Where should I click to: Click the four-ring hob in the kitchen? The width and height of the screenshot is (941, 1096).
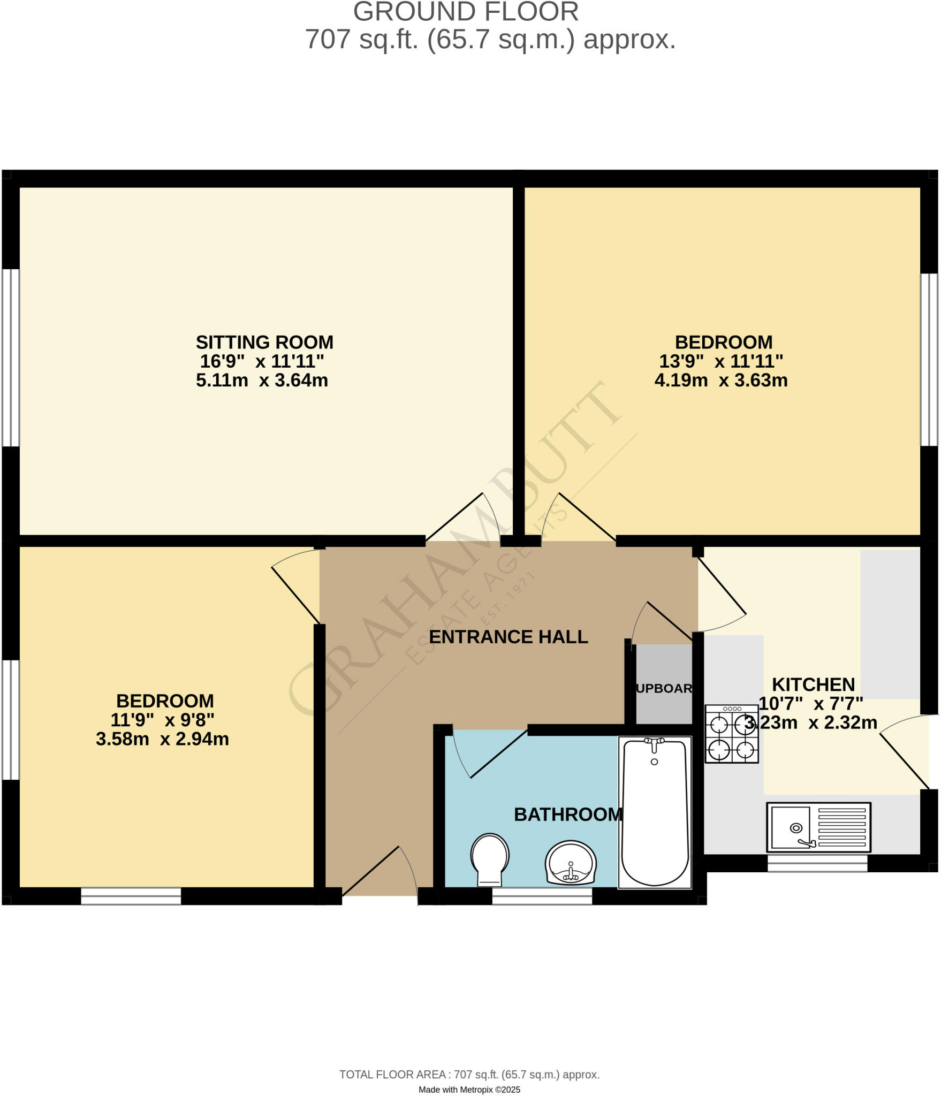pyautogui.click(x=731, y=733)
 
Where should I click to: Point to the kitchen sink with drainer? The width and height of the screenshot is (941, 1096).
pyautogui.click(x=818, y=827)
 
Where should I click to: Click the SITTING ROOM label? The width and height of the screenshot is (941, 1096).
pyautogui.click(x=264, y=342)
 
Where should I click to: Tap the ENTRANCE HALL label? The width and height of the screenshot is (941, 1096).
pyautogui.click(x=508, y=637)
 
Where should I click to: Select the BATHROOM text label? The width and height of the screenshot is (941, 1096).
pyautogui.click(x=568, y=814)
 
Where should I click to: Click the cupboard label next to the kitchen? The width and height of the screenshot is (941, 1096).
pyautogui.click(x=664, y=688)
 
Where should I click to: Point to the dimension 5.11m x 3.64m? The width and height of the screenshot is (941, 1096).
pyautogui.click(x=262, y=380)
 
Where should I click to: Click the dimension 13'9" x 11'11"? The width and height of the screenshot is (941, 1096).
pyautogui.click(x=720, y=361)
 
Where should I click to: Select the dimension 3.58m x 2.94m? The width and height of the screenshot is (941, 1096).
pyautogui.click(x=162, y=739)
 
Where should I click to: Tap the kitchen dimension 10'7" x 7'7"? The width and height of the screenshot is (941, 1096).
pyautogui.click(x=811, y=703)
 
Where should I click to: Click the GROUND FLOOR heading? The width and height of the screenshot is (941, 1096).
pyautogui.click(x=466, y=12)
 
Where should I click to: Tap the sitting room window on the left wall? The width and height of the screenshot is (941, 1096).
pyautogui.click(x=11, y=357)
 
